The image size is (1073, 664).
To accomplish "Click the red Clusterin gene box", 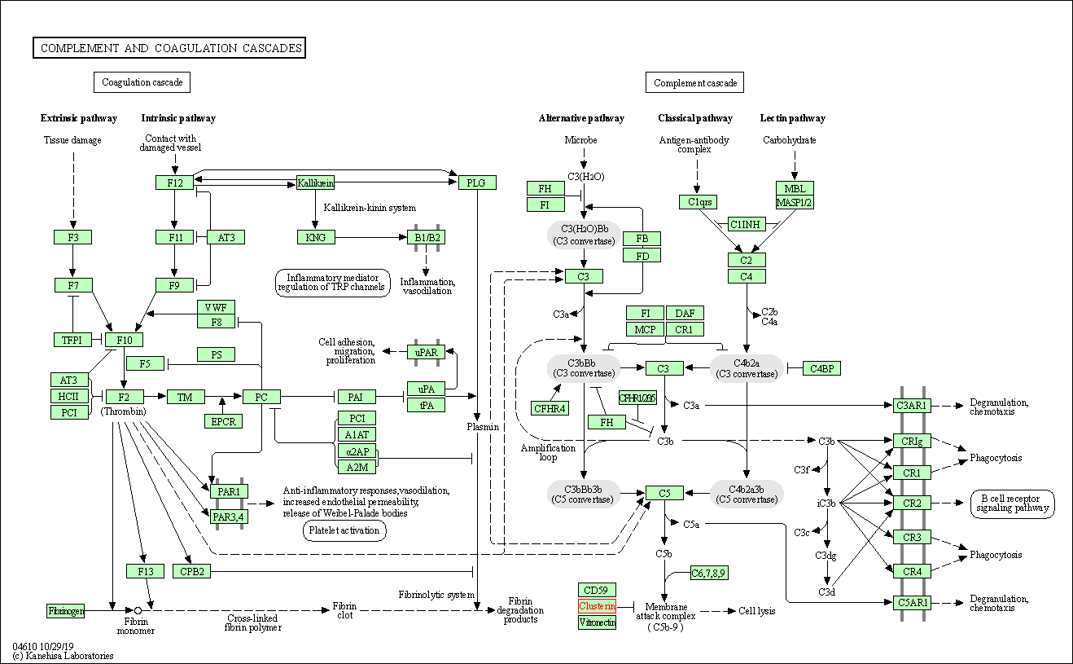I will tap(597, 606).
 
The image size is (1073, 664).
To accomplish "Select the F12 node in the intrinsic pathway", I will tap(175, 182).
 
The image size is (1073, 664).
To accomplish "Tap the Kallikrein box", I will tap(315, 182).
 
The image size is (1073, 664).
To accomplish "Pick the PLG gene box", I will tap(477, 182).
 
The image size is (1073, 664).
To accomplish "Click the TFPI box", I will tap(72, 340).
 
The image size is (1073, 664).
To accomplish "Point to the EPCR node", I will tap(223, 421).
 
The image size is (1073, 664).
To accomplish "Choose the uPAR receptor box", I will tap(426, 352).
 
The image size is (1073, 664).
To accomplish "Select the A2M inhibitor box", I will tap(357, 467).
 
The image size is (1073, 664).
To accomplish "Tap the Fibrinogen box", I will tap(65, 610).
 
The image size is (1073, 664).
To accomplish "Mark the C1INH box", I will tap(747, 224).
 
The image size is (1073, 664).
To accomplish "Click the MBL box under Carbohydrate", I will tap(795, 188).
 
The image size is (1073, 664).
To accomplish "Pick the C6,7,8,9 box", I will tap(708, 573).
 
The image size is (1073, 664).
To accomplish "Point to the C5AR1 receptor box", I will tap(912, 603).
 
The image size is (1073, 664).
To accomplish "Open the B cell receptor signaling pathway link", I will tap(1012, 503).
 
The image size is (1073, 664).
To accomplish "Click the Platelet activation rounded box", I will tap(344, 530).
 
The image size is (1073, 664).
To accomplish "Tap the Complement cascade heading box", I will tap(694, 82).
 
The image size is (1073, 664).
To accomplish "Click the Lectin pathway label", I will tap(792, 118).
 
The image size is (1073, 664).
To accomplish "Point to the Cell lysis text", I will tap(756, 611).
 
